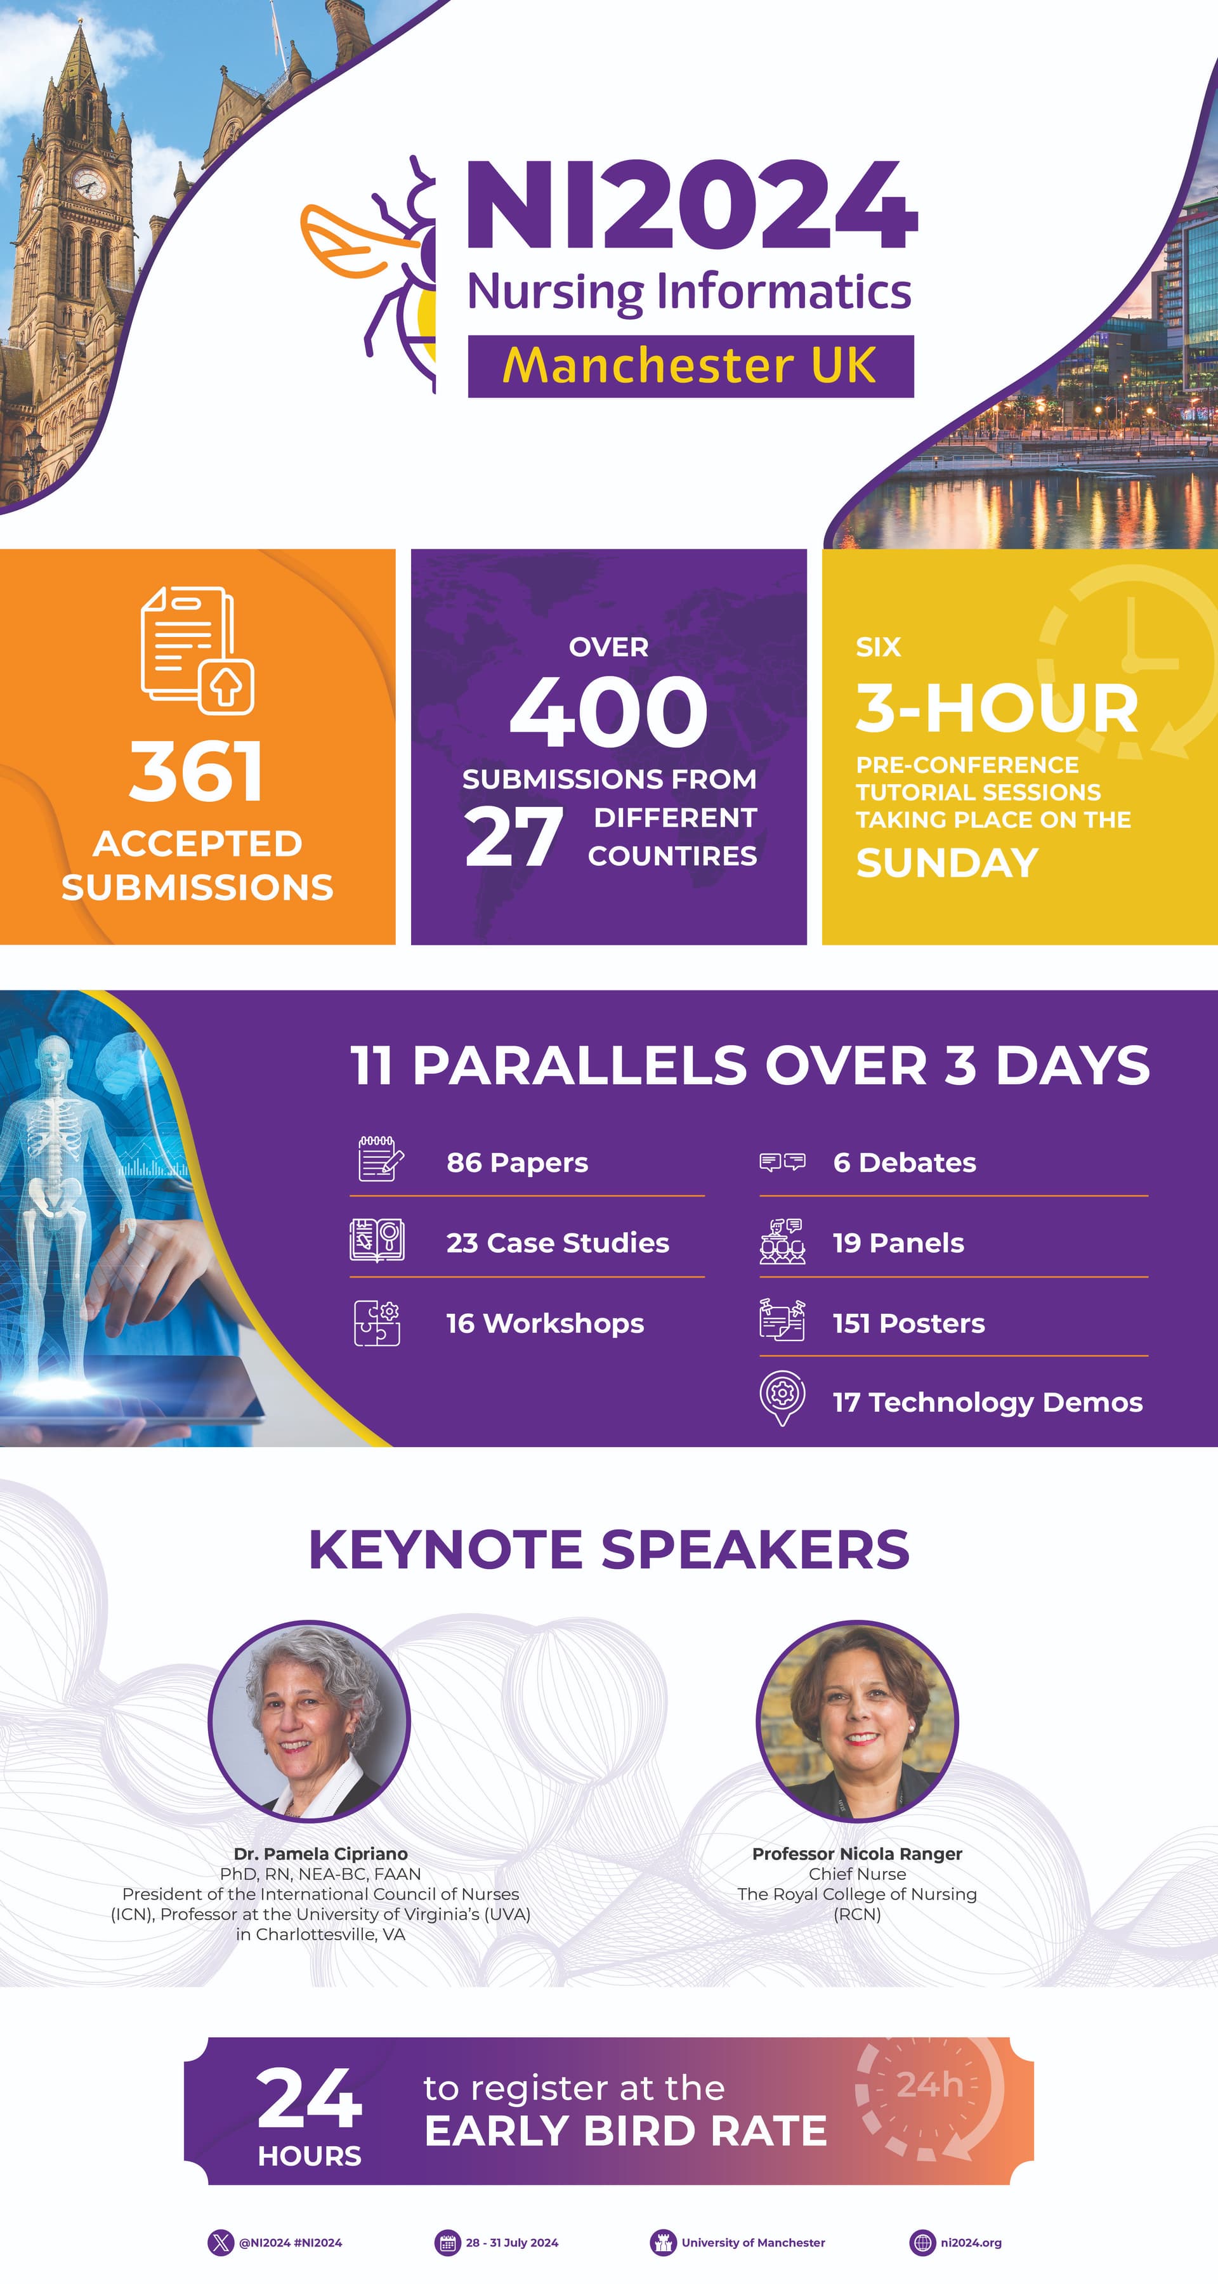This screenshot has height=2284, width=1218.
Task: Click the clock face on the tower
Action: (x=89, y=183)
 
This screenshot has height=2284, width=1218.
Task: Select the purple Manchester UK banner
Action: (x=691, y=366)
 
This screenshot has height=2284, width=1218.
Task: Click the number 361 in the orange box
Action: (x=196, y=771)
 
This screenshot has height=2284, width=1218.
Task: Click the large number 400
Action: (x=608, y=711)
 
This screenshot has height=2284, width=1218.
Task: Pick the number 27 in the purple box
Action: (x=513, y=836)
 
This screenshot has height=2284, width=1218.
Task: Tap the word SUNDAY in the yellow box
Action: (x=946, y=863)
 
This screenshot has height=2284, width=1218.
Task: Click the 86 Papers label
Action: (x=517, y=1162)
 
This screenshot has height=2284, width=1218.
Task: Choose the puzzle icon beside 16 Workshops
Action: (x=377, y=1323)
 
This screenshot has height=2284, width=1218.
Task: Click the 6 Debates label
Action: (x=904, y=1162)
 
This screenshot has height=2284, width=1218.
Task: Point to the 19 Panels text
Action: (x=898, y=1243)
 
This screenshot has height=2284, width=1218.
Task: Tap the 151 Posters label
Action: (x=908, y=1323)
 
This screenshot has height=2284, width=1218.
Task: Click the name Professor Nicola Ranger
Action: (x=857, y=1853)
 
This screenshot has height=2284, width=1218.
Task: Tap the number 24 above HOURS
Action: (x=310, y=2099)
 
